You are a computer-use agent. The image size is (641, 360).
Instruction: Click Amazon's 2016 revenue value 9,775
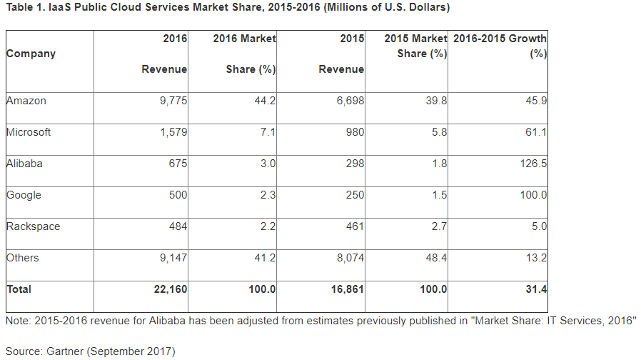173,101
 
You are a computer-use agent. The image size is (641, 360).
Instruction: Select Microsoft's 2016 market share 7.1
268,132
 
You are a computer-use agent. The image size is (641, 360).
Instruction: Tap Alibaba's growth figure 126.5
534,164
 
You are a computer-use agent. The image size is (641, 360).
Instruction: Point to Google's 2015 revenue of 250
355,195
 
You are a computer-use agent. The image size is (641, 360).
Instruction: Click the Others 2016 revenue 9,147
173,258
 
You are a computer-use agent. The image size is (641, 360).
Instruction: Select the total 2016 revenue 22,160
171,289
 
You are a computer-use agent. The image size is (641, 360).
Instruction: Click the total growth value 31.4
536,289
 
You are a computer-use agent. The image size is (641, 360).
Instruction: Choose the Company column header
31,54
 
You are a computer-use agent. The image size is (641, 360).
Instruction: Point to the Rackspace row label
33,226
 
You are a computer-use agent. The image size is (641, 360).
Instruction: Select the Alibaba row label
24,164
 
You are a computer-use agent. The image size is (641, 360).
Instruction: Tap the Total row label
19,289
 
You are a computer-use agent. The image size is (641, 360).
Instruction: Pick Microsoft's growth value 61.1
536,132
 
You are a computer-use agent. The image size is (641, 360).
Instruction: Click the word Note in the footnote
16,320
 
